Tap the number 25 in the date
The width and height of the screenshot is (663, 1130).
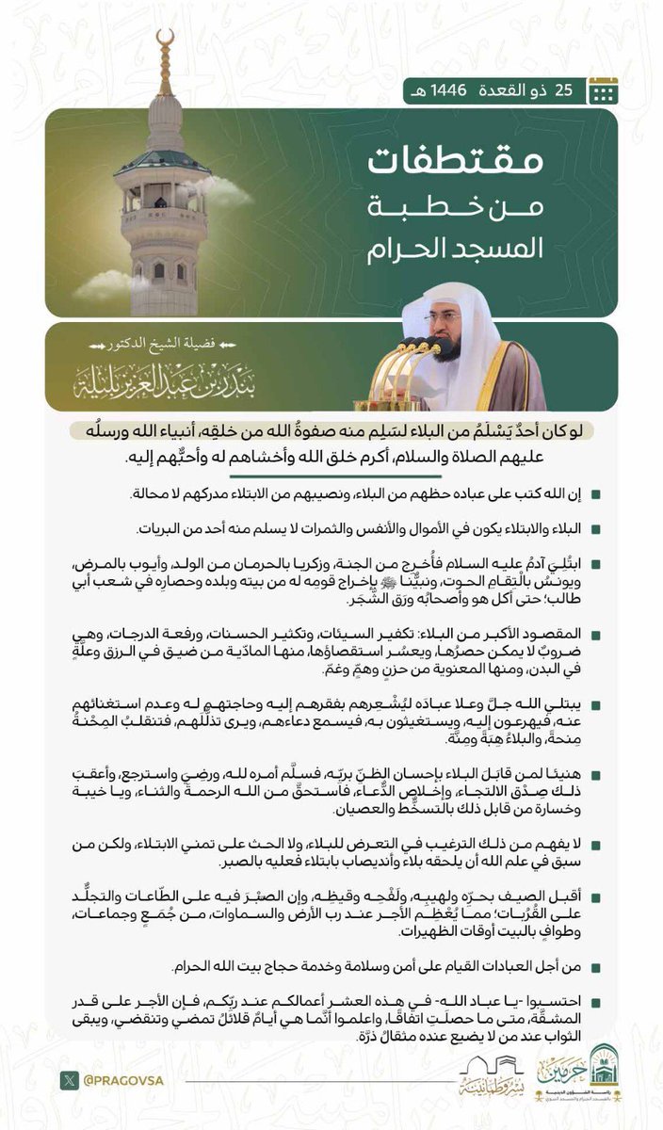563,90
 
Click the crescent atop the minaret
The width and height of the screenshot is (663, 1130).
166,40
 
